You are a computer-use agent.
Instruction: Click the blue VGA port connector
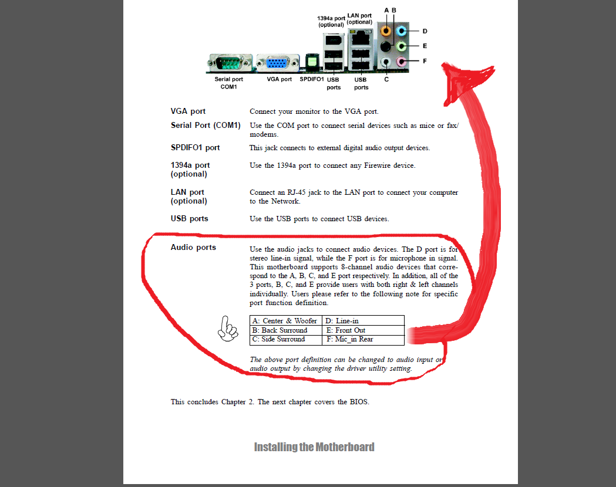pyautogui.click(x=278, y=62)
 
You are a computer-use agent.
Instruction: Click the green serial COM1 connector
pyautogui.click(x=230, y=62)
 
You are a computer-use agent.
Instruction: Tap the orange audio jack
pyautogui.click(x=386, y=31)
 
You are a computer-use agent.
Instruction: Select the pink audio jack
pyautogui.click(x=400, y=61)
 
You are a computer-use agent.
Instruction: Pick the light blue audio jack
pyautogui.click(x=400, y=31)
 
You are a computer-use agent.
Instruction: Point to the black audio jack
pyautogui.click(x=386, y=46)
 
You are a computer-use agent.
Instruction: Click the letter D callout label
pyautogui.click(x=425, y=31)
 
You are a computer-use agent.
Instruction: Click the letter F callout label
pyautogui.click(x=425, y=61)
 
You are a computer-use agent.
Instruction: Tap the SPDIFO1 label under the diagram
pyautogui.click(x=312, y=79)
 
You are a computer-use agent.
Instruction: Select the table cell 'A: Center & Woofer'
pyautogui.click(x=285, y=320)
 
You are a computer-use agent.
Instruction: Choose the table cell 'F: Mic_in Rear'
pyautogui.click(x=363, y=340)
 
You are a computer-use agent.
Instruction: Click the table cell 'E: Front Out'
pyautogui.click(x=363, y=330)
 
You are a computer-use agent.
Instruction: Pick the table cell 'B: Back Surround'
pyautogui.click(x=285, y=330)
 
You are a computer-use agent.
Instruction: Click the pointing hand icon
pyautogui.click(x=227, y=329)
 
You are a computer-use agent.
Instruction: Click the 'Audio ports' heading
pyautogui.click(x=193, y=247)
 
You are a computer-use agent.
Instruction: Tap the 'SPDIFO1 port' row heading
pyautogui.click(x=195, y=147)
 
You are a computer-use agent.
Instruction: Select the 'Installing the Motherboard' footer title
pyautogui.click(x=314, y=447)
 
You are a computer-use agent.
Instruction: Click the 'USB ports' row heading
pyautogui.click(x=189, y=219)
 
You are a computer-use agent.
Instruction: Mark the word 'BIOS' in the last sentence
pyautogui.click(x=359, y=402)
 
